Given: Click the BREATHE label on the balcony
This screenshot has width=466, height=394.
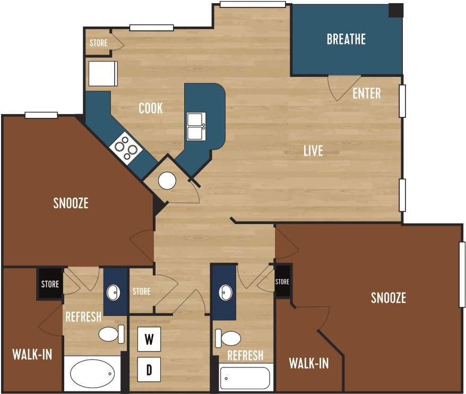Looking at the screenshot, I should pos(346,39).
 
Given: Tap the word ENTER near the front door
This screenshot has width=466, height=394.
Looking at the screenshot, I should pos(367,93).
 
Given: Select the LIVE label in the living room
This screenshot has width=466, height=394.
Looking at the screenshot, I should pos(313,151).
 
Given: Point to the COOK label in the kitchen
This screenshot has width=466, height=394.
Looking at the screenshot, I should pos(150,108).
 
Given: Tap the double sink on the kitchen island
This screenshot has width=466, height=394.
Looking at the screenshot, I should pos(196,126).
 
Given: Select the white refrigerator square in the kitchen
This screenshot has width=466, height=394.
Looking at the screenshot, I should pos(103,73).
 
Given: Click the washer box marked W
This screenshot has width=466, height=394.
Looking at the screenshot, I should pos(149,339).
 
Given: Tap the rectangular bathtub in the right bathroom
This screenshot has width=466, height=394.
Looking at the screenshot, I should pos(245,378).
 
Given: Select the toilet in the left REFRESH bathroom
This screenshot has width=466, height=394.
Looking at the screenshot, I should pos(110,333).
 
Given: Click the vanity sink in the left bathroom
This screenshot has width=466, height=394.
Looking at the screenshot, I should pos(114,292).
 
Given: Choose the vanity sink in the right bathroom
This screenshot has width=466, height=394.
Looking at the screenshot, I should pos(225,292).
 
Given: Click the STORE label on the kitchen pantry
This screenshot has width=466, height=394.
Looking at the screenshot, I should pos(98,43).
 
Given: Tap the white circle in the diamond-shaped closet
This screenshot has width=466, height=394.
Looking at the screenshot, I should pos(167,181).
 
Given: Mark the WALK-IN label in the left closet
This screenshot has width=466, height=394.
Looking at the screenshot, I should pos(32,355).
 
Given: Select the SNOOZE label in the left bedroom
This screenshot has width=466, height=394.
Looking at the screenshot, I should pos(71,203).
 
